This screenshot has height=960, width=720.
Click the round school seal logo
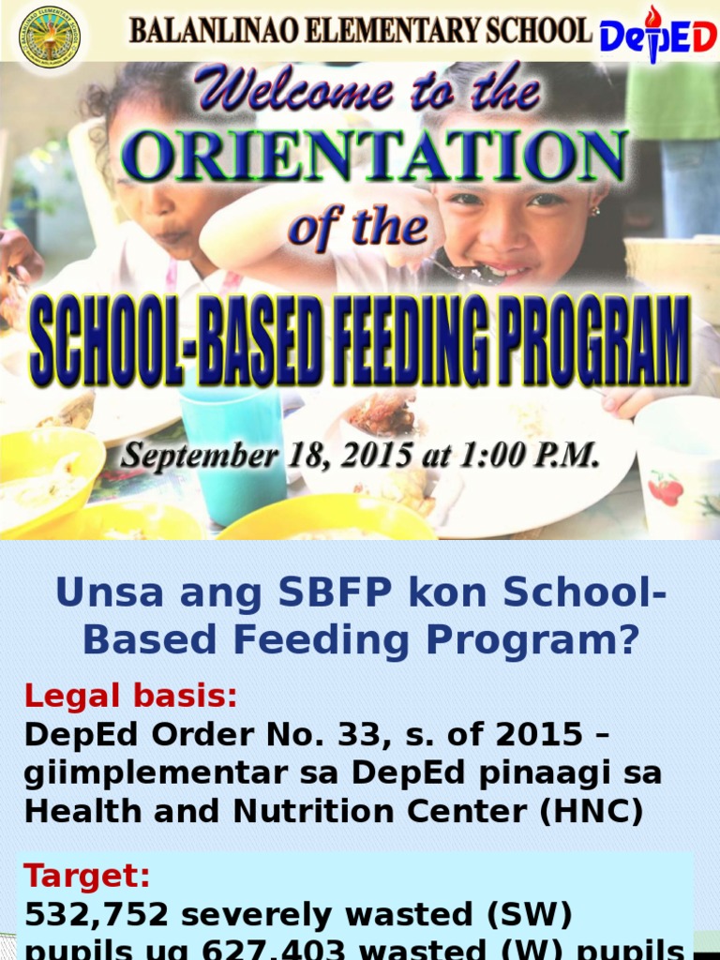(50, 37)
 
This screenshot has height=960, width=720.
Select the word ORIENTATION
(374, 157)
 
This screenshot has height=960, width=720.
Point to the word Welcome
(294, 93)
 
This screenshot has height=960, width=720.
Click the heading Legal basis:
(131, 697)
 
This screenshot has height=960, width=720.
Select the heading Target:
(87, 877)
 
